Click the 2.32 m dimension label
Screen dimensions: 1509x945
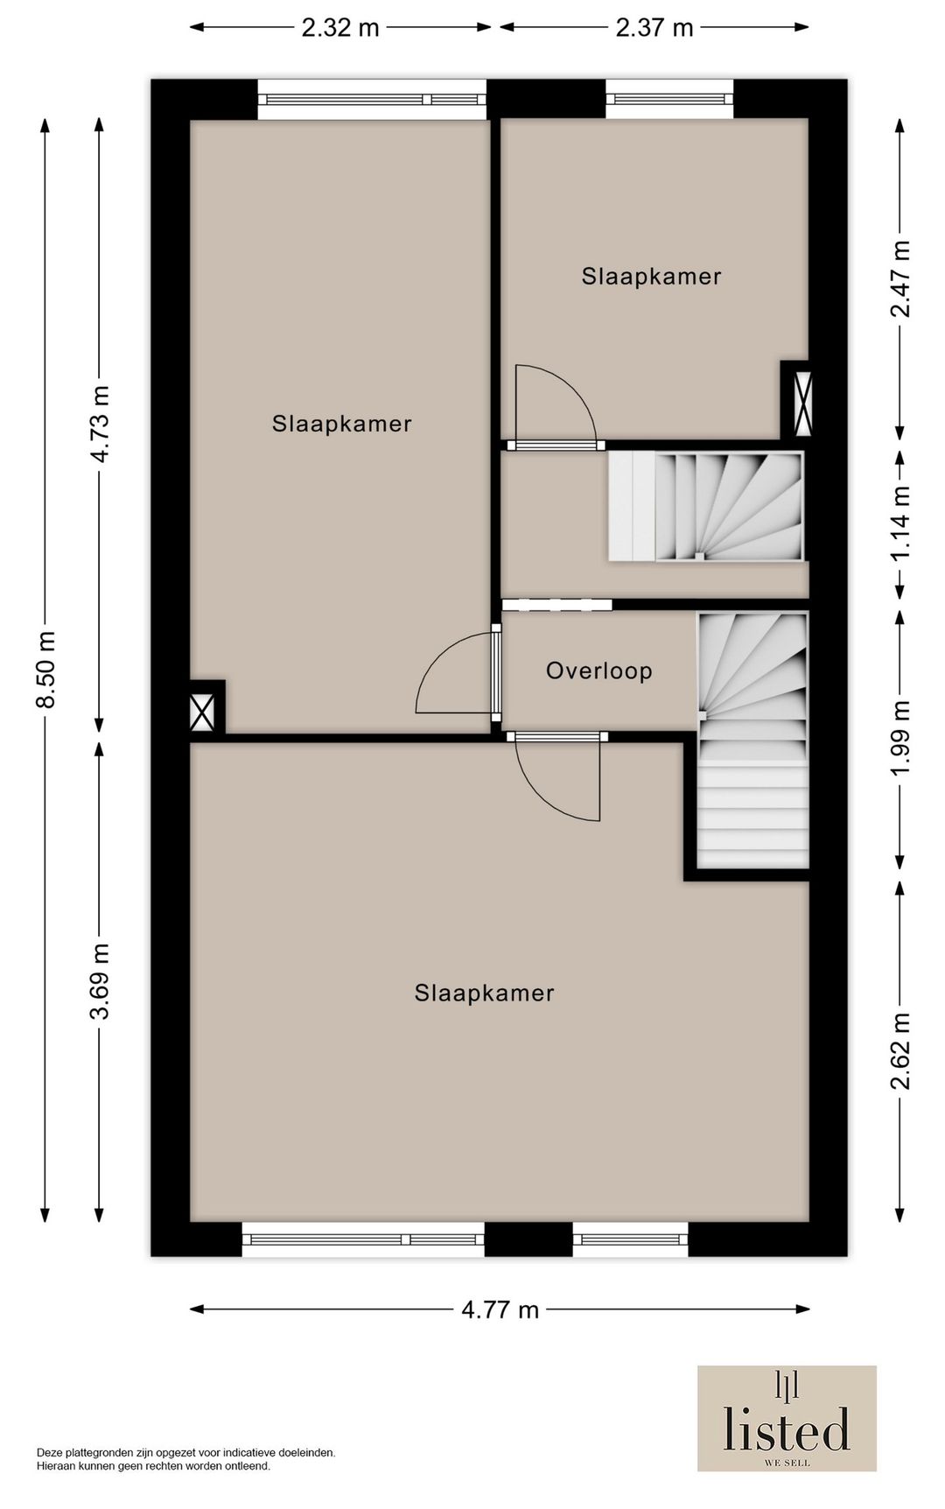[x=340, y=28]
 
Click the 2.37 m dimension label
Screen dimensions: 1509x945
[x=654, y=28]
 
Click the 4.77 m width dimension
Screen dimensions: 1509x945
[x=500, y=1309]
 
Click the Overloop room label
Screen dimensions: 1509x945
[x=599, y=671]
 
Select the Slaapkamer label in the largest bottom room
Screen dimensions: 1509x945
[x=484, y=993]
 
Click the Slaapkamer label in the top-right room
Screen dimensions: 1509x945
[x=651, y=277]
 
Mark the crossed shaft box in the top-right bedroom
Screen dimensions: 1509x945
[x=801, y=404]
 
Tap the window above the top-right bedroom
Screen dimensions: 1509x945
[x=669, y=99]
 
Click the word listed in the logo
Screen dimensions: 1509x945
[x=786, y=1429]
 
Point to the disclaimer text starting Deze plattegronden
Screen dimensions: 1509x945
[x=185, y=1458]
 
